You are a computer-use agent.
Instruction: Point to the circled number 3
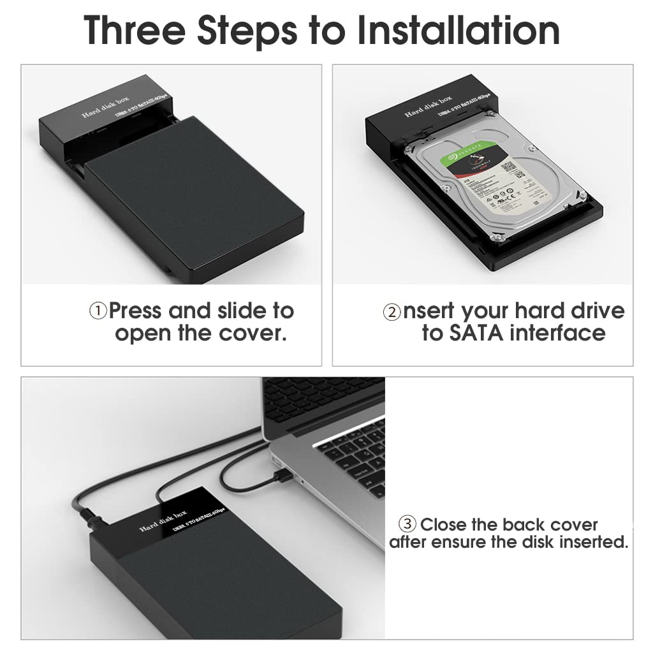[407, 525]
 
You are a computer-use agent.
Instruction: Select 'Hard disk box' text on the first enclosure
[105, 106]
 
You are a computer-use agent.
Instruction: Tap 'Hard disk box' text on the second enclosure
[429, 106]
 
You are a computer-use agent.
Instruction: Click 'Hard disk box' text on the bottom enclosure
[164, 521]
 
